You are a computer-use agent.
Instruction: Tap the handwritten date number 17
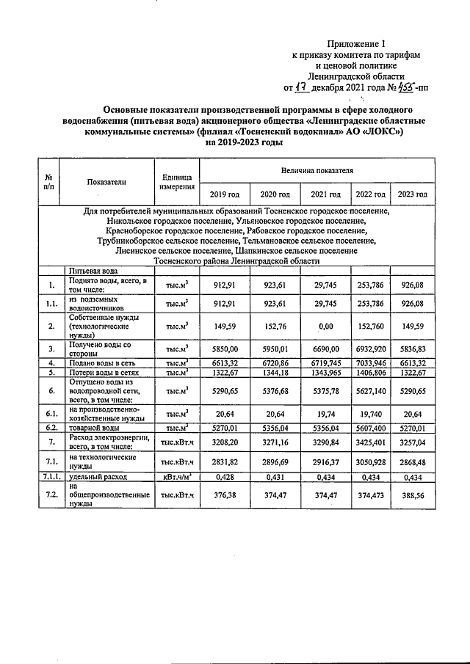click(300, 88)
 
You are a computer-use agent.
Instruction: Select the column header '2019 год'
click(225, 194)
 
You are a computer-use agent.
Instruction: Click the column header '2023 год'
click(412, 194)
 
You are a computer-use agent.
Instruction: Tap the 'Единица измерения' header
click(176, 182)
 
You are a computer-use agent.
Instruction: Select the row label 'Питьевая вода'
click(93, 271)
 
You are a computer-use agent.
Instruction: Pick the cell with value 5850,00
click(225, 349)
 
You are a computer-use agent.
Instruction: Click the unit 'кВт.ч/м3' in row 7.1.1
click(176, 477)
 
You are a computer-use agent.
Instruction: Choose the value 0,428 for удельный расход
click(225, 477)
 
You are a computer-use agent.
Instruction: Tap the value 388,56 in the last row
click(412, 496)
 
